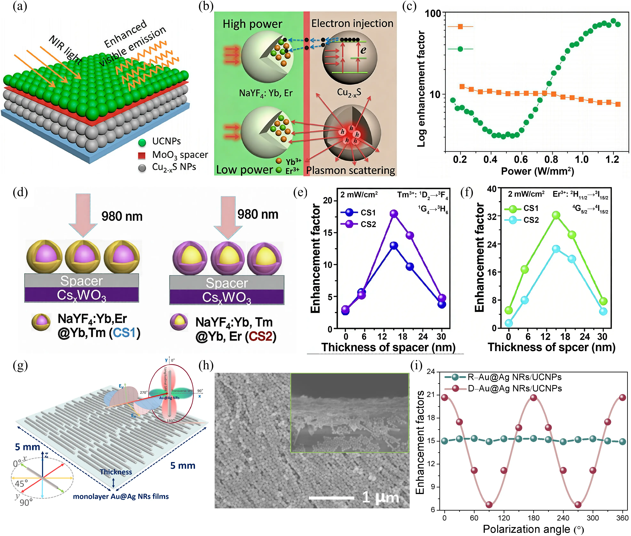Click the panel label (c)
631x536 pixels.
click(409, 6)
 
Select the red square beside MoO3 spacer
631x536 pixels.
click(142, 155)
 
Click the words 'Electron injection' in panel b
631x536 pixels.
click(352, 23)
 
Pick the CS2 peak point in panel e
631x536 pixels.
click(394, 214)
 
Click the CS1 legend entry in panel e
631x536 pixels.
click(359, 212)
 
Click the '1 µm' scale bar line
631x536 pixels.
click(331, 498)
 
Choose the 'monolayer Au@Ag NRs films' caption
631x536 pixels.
click(121, 497)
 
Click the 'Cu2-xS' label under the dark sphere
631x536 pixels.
click(349, 92)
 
